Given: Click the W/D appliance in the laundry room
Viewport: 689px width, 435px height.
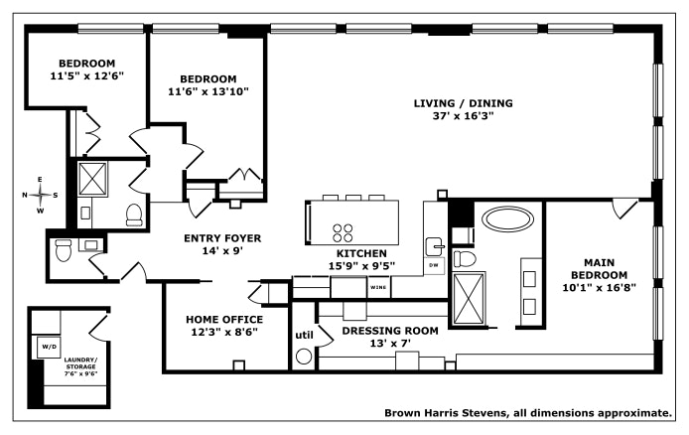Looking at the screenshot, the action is tap(49, 347).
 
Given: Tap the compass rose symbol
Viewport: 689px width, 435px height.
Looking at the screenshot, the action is tap(40, 195).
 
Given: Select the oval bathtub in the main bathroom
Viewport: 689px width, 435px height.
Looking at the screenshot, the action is tap(508, 218).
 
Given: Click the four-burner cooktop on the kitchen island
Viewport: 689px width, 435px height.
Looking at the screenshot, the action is tap(343, 232).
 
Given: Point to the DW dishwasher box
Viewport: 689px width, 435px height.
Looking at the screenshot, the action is tap(434, 265).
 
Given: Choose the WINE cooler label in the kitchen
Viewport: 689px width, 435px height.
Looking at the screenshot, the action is tap(378, 287).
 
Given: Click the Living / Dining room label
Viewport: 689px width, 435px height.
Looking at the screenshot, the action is tap(464, 103).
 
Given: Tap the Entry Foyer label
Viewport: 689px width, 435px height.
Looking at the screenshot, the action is tap(222, 238).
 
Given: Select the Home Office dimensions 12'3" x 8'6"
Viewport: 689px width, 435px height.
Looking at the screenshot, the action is tap(224, 332).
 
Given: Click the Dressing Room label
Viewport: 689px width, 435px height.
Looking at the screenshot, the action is tap(390, 331).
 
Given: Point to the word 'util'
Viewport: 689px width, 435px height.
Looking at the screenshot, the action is tap(304, 336).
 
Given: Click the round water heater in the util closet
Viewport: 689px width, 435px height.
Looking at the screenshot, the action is tap(304, 357).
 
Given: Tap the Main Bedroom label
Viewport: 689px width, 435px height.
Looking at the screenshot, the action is tap(599, 269).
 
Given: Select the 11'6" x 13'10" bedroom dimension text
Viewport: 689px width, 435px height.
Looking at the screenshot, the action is tap(208, 91).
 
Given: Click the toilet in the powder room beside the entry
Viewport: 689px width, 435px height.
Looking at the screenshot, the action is tap(64, 249).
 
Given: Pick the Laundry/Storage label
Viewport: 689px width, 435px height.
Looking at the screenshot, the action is tap(80, 362).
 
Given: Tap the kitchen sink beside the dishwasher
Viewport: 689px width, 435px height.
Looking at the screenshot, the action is tap(434, 246).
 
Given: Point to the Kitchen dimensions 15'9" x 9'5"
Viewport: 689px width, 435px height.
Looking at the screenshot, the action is tap(361, 266).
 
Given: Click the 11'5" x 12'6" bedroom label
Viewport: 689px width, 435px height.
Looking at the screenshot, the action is tap(87, 76).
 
